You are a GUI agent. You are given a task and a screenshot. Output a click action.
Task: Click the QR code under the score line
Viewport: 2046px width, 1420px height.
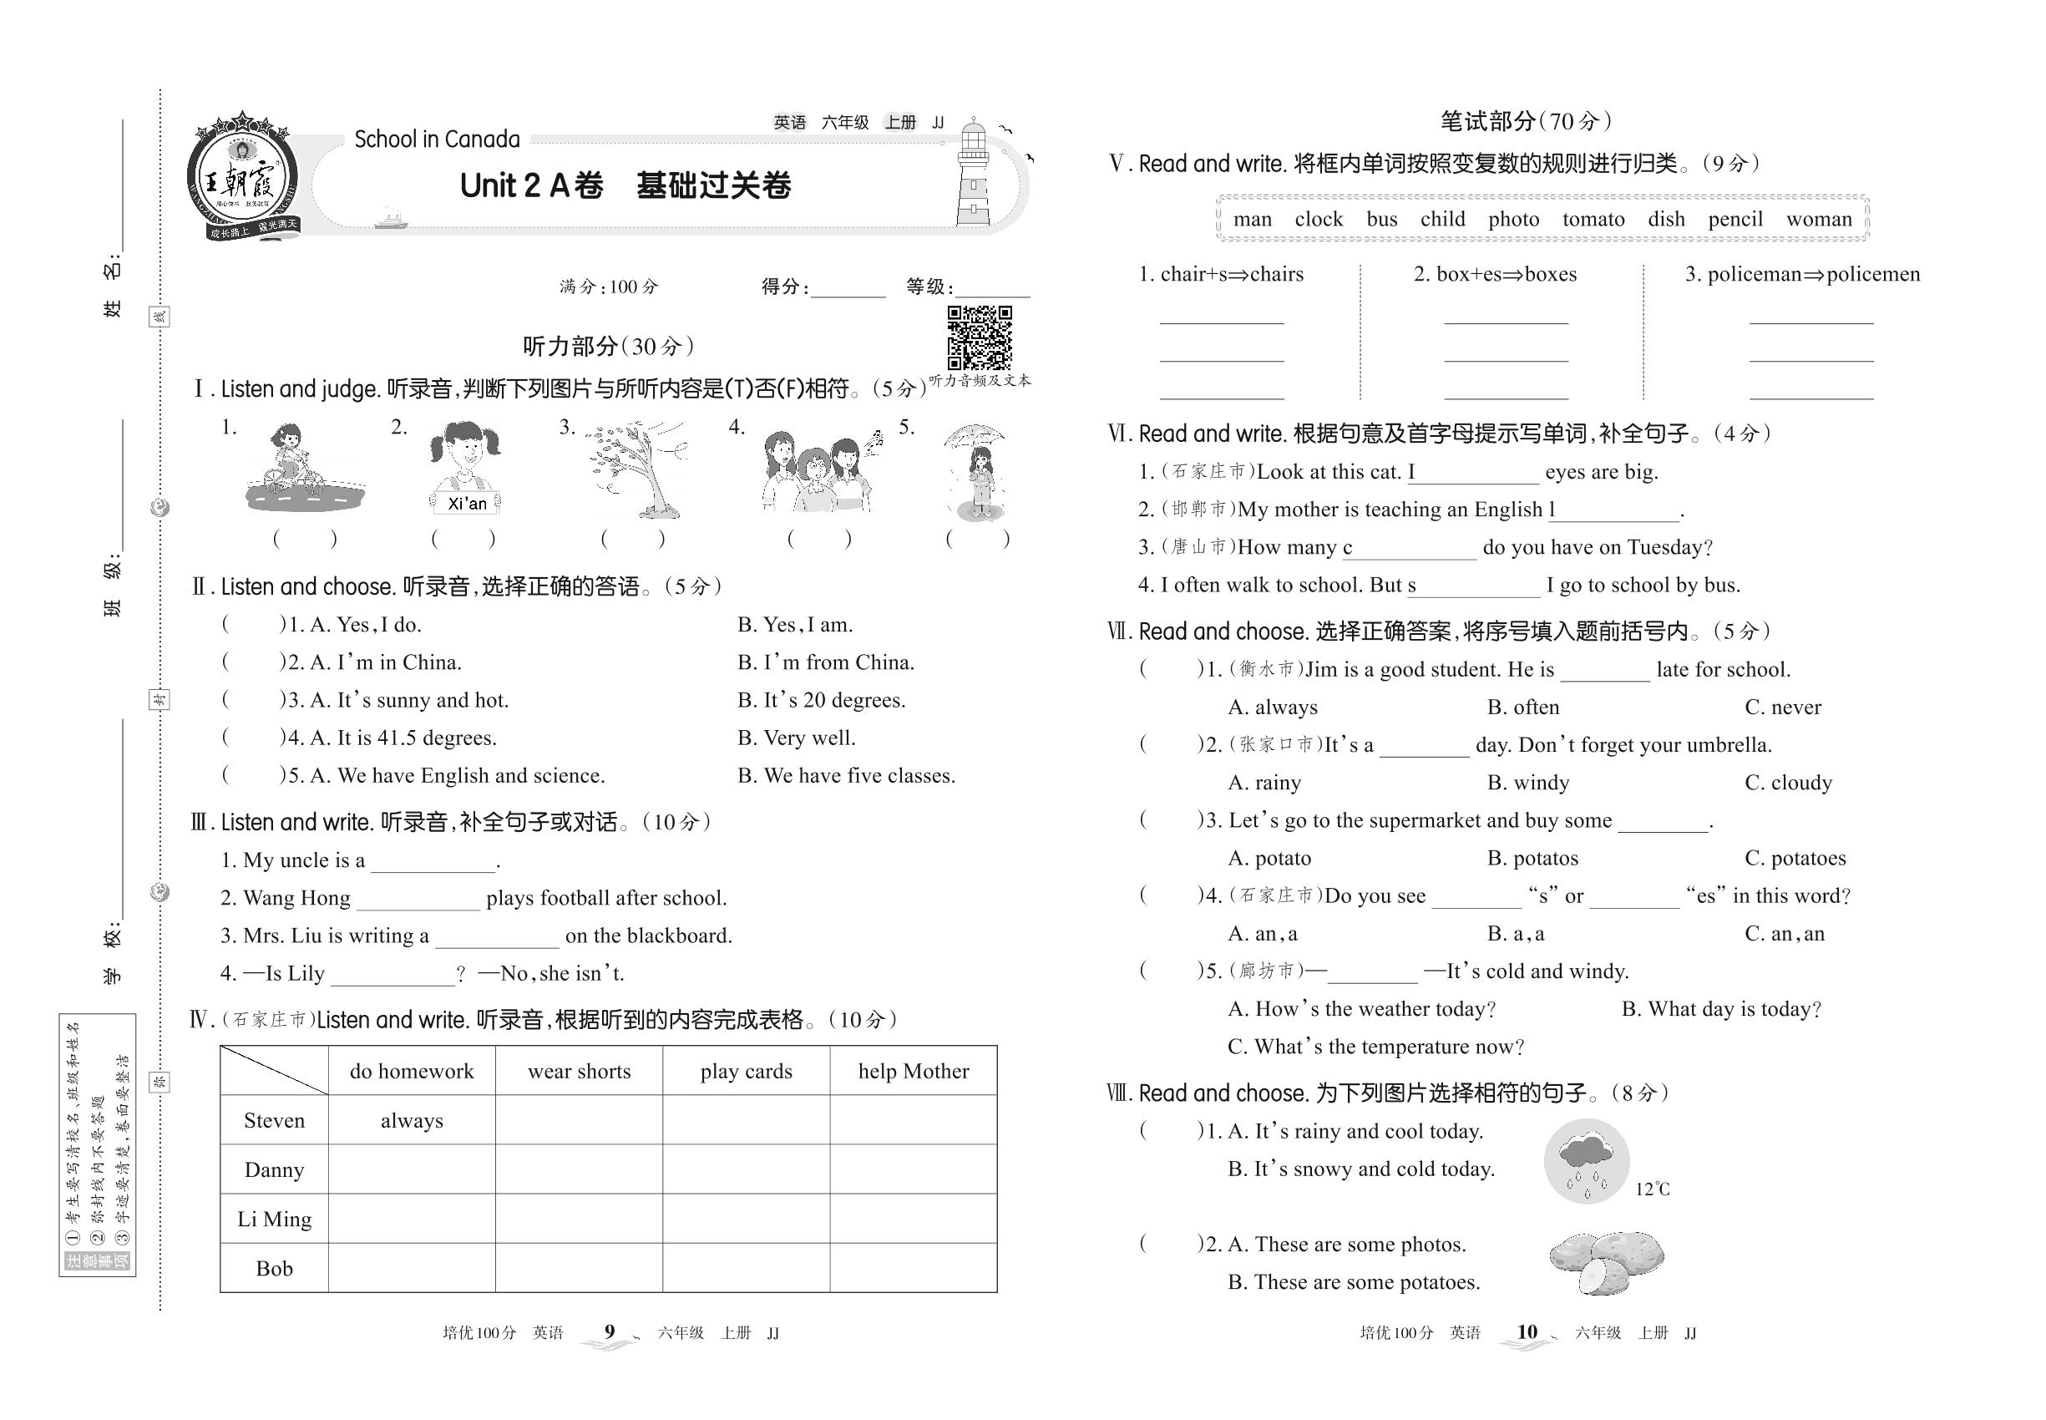point(980,337)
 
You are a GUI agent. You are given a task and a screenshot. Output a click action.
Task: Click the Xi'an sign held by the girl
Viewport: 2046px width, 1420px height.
point(467,504)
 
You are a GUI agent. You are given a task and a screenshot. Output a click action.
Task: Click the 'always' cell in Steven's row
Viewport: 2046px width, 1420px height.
point(412,1121)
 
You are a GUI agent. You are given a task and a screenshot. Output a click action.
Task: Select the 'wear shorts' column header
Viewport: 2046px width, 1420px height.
point(579,1071)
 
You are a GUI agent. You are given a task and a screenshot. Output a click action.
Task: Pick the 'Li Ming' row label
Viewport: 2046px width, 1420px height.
point(274,1219)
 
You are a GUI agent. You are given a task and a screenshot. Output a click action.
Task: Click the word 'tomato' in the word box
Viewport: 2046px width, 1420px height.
point(1593,220)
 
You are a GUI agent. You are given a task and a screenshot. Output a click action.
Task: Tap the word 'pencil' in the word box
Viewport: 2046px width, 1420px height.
point(1735,220)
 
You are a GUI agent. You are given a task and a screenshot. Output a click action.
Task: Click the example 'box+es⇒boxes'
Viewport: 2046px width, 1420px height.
point(1495,274)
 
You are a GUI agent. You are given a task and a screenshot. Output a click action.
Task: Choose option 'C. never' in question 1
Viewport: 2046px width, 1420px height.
point(1783,707)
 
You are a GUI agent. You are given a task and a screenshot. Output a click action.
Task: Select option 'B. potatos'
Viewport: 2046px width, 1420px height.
point(1532,859)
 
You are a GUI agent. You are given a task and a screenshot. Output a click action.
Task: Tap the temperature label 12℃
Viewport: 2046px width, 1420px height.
point(1652,1189)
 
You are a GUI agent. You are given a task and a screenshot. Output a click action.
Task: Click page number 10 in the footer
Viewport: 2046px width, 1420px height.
point(1527,1332)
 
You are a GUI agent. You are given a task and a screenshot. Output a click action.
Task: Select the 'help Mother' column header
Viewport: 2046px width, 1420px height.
point(914,1071)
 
